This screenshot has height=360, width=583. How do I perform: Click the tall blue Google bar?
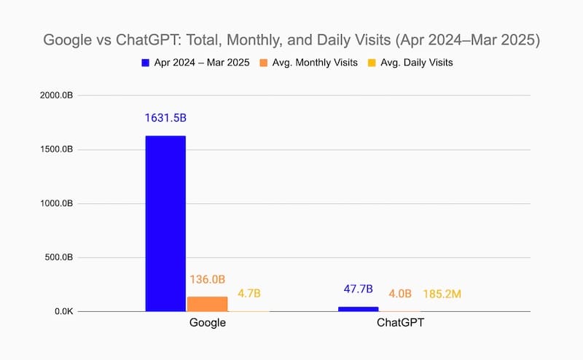[x=165, y=224]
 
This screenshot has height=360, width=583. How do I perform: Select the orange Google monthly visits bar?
[x=207, y=304]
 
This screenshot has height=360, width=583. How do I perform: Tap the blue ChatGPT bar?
[x=358, y=309]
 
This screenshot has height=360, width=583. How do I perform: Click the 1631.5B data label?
[x=165, y=117]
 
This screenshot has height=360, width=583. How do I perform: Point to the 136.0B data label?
[x=207, y=279]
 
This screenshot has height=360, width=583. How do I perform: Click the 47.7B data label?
[x=359, y=289]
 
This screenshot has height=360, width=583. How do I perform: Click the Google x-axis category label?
[x=207, y=323]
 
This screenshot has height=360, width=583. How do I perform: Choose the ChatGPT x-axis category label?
[x=400, y=323]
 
